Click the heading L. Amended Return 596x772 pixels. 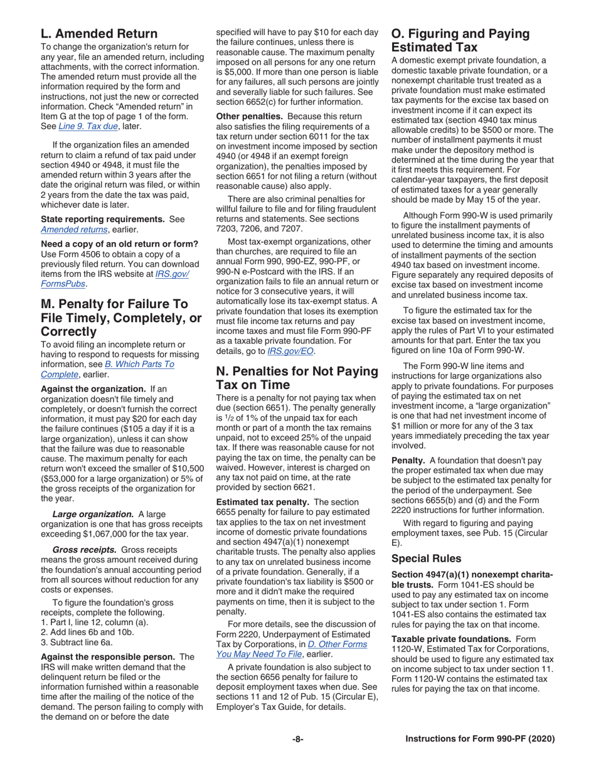(99, 33)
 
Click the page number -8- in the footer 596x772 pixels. (297, 739)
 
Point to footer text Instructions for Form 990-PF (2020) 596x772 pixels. (480, 739)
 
